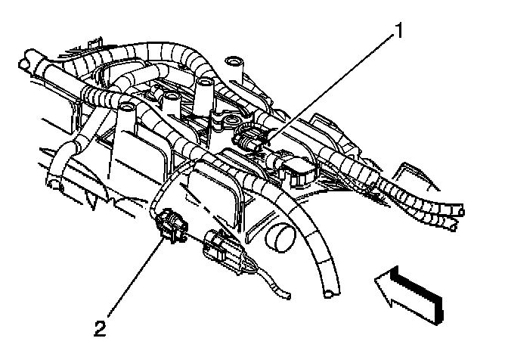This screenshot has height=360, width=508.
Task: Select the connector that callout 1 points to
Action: click(252, 141)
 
